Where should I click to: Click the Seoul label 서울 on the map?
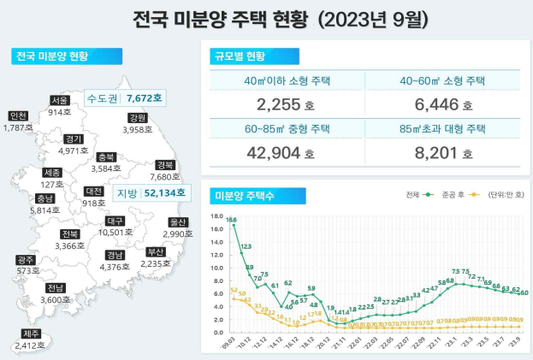[x=59, y=100]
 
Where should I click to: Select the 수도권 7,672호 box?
[x=126, y=98]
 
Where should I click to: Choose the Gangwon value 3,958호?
[x=137, y=130]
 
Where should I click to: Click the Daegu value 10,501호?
[x=116, y=232]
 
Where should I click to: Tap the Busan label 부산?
[x=155, y=252]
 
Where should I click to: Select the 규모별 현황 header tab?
[x=239, y=57]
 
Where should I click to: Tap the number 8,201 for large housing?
[x=437, y=154]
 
